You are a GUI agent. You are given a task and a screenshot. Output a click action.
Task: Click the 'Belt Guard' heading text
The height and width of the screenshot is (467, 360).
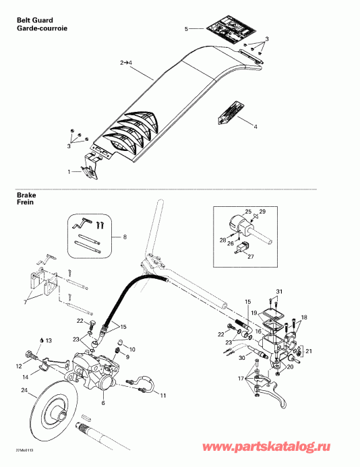[34, 22]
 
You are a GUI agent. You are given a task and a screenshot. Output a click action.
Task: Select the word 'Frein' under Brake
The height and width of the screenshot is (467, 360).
[26, 201]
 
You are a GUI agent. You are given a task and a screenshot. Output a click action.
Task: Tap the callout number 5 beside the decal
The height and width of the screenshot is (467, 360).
[187, 29]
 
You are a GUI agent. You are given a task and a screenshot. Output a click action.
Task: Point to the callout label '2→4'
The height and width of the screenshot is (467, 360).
[127, 62]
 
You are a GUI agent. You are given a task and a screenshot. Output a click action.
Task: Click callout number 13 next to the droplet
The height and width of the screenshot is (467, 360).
[132, 349]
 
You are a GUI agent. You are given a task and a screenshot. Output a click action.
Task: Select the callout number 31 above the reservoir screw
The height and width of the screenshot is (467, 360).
[279, 291]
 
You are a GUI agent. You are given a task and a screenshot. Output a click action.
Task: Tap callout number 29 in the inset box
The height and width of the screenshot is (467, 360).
[262, 212]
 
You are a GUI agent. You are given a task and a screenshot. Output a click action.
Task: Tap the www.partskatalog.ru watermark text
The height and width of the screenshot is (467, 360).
[289, 445]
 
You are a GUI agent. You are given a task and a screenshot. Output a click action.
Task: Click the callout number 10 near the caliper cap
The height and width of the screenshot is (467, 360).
[132, 349]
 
